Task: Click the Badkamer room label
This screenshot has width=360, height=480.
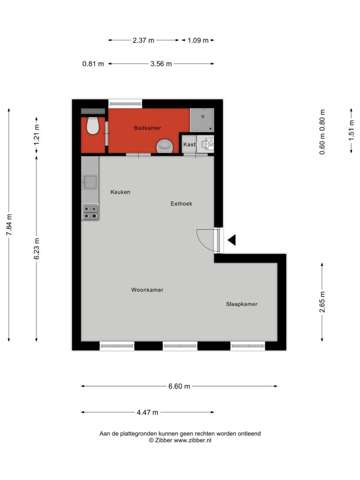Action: pyautogui.click(x=147, y=128)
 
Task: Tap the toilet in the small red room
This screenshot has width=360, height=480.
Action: pyautogui.click(x=92, y=125)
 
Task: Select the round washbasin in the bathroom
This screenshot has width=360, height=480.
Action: pyautogui.click(x=165, y=146)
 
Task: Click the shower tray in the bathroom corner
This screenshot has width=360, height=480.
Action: pyautogui.click(x=202, y=120)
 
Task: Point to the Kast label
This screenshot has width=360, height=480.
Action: pyautogui.click(x=189, y=144)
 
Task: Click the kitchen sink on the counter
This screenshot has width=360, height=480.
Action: pyautogui.click(x=90, y=182)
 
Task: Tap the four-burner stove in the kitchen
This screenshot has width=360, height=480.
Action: pyautogui.click(x=90, y=212)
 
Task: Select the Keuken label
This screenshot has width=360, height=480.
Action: pyautogui.click(x=120, y=192)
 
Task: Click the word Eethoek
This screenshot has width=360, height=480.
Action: pyautogui.click(x=181, y=203)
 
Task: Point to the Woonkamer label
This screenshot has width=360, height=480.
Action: pyautogui.click(x=147, y=290)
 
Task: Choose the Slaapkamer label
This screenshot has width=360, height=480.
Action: pyautogui.click(x=241, y=304)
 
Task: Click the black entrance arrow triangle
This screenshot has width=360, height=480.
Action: pyautogui.click(x=232, y=240)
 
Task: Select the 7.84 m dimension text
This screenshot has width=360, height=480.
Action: pyautogui.click(x=9, y=225)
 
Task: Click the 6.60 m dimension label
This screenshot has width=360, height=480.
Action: pyautogui.click(x=179, y=386)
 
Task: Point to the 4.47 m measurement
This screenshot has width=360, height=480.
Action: pyautogui.click(x=148, y=412)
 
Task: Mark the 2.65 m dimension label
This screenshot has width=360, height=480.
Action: pyautogui.click(x=322, y=302)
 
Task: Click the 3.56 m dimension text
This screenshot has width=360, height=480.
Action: pyautogui.click(x=161, y=64)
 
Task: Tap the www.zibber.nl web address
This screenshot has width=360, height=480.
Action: pyautogui.click(x=193, y=441)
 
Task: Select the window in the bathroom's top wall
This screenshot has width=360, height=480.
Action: pyautogui.click(x=125, y=104)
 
